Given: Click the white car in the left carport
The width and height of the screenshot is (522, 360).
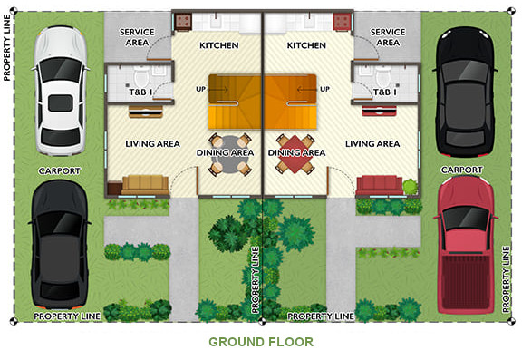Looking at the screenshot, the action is (60, 91).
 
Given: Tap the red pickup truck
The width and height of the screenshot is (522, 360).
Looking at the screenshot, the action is (465, 245).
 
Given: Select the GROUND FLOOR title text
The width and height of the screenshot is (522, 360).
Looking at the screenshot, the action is (261, 342).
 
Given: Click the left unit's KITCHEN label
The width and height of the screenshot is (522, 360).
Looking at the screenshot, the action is (219, 45).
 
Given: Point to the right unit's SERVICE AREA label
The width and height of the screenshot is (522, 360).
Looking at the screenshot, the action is (388, 37).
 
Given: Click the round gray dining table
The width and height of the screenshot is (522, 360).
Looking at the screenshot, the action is (228, 154).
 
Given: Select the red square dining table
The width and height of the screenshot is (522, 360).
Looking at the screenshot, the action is (295, 154).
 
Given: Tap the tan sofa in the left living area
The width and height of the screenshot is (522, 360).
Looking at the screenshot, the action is (145, 185).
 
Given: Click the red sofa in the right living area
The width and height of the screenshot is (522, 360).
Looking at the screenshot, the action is (380, 185).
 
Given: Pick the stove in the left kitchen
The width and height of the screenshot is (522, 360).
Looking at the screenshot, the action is (183, 22).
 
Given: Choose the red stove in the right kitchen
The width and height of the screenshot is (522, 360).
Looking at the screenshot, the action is (342, 22).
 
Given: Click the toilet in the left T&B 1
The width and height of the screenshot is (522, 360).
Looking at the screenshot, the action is (141, 75).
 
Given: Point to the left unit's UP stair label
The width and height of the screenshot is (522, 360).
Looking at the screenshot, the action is (201, 89).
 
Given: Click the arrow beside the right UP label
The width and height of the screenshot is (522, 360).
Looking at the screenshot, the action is (307, 89).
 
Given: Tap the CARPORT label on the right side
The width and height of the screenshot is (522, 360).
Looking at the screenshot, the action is (461, 170).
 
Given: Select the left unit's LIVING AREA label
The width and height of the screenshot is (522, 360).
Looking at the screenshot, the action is (153, 144).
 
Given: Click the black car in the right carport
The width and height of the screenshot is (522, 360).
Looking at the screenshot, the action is (465, 92).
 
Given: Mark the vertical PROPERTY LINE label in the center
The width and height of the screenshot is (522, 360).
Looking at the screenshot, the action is (256, 279).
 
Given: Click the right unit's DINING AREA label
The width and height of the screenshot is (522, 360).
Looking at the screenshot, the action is (296, 152).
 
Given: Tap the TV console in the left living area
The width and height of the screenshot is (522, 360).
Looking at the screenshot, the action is (146, 112).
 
